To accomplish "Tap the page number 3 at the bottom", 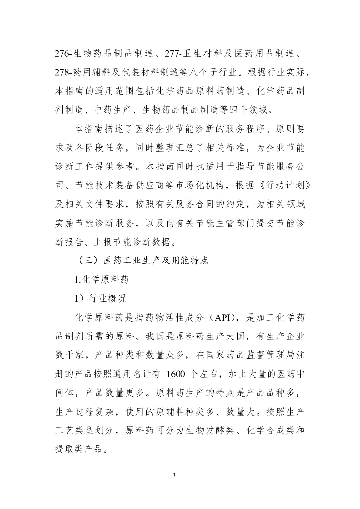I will tap(174, 475).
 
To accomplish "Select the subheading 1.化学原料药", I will tap(101, 280).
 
